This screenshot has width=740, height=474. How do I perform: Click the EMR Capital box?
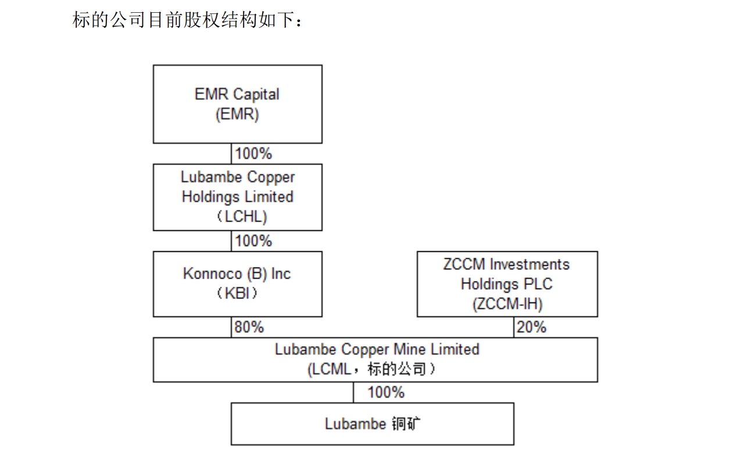click(x=237, y=104)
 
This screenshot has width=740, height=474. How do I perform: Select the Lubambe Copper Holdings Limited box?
click(x=237, y=197)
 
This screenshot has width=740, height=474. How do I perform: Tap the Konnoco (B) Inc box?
click(x=237, y=284)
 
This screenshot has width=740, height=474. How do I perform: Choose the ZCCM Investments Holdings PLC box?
click(x=507, y=284)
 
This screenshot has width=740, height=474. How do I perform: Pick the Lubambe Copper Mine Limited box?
click(x=375, y=359)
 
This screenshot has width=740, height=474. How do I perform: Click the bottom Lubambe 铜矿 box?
click(x=372, y=424)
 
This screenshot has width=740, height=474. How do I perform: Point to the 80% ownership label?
click(x=249, y=327)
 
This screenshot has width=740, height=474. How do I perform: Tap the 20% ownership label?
click(x=531, y=327)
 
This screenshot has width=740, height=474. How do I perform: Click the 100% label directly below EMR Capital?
click(x=253, y=154)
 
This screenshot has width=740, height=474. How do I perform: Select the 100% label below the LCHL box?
click(x=253, y=241)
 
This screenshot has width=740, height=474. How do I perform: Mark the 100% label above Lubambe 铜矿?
click(x=385, y=393)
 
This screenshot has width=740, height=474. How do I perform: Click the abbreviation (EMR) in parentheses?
click(x=237, y=115)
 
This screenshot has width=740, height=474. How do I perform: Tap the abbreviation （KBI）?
click(x=237, y=293)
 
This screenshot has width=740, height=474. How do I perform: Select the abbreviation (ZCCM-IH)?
click(x=507, y=304)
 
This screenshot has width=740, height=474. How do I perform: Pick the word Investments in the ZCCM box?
click(x=529, y=264)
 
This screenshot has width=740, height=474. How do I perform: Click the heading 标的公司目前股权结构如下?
click(x=187, y=20)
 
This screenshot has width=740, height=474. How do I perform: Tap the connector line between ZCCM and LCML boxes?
click(x=514, y=327)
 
